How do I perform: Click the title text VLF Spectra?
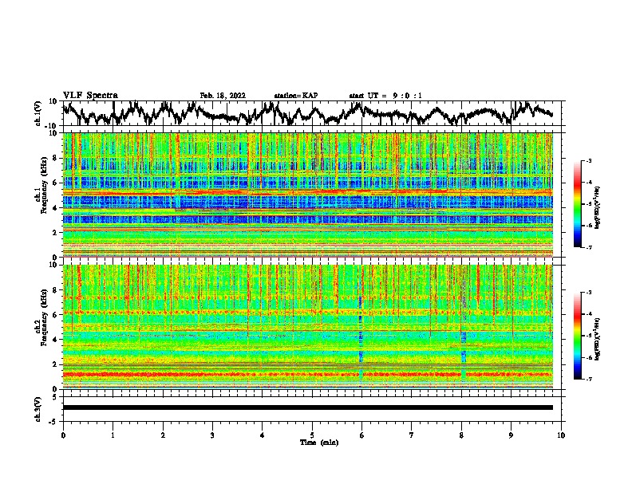coord(90,96)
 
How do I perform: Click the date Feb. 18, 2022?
coord(223,96)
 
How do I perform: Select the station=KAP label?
coord(295,96)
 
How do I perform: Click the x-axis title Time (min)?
coord(318,442)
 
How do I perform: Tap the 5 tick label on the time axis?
coord(312,435)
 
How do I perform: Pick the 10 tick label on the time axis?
coord(561,435)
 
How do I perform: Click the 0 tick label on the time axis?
coord(63,435)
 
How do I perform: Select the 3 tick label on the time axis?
coord(212,435)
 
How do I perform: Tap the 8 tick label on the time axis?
coord(461,435)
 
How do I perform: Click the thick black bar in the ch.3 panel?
coord(307,407)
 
